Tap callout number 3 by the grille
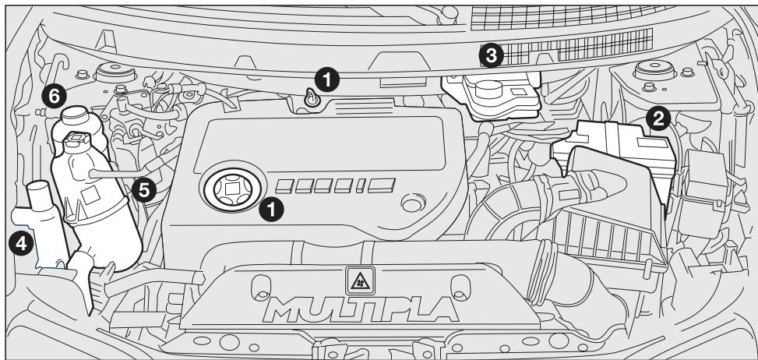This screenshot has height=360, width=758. point(489,55)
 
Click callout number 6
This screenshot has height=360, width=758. point(53,95)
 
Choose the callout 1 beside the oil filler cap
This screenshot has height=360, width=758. point(271,209)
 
